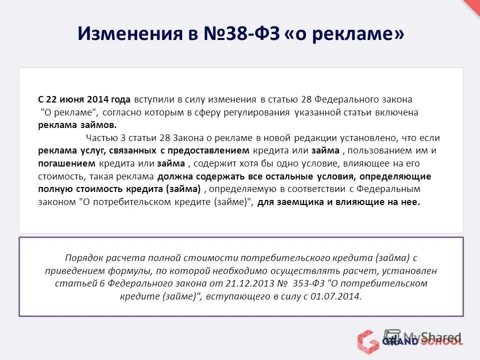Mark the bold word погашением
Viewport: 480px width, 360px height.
[59, 163]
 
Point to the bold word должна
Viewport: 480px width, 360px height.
[175, 176]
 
